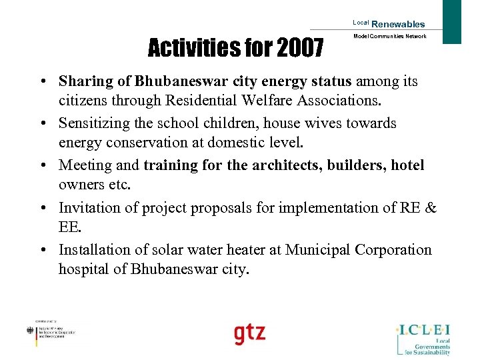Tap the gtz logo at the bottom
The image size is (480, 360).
[x=249, y=333]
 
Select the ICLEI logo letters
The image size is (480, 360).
[x=423, y=329]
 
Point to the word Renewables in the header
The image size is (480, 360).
[x=398, y=24]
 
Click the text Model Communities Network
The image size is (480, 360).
[x=390, y=36]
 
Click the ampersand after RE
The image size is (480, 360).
[x=430, y=207]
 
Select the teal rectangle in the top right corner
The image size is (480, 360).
[x=452, y=21]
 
